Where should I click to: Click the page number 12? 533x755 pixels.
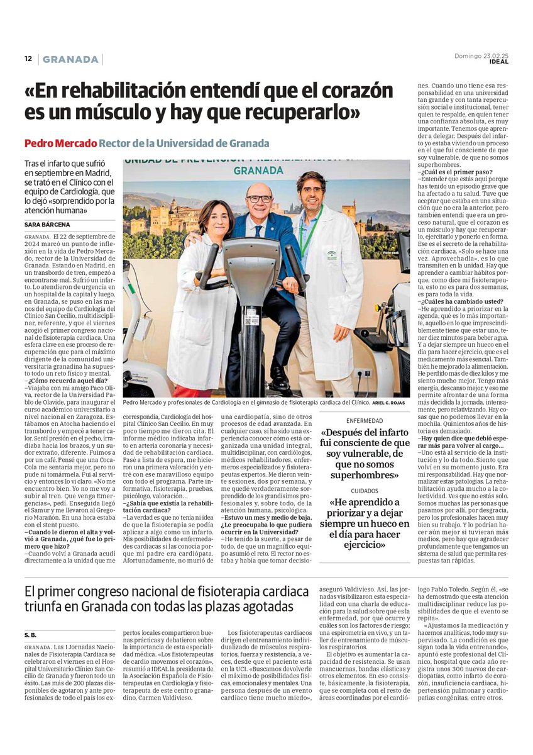(28, 59)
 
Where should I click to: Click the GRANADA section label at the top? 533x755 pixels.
(71, 60)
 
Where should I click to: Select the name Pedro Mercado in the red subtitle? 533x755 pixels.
(60, 143)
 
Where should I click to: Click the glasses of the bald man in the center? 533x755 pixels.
(259, 199)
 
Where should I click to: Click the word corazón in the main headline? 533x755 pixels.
(356, 92)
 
